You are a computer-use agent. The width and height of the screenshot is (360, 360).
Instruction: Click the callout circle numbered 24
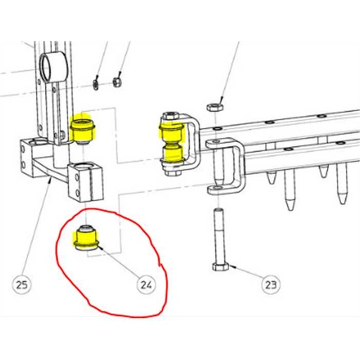[x=146, y=285]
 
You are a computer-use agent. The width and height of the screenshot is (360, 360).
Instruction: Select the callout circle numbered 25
[x=22, y=285]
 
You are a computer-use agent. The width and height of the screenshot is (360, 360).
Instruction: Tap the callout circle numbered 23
[x=269, y=285]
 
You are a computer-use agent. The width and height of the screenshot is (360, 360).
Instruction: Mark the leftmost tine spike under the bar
[x=271, y=181]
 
